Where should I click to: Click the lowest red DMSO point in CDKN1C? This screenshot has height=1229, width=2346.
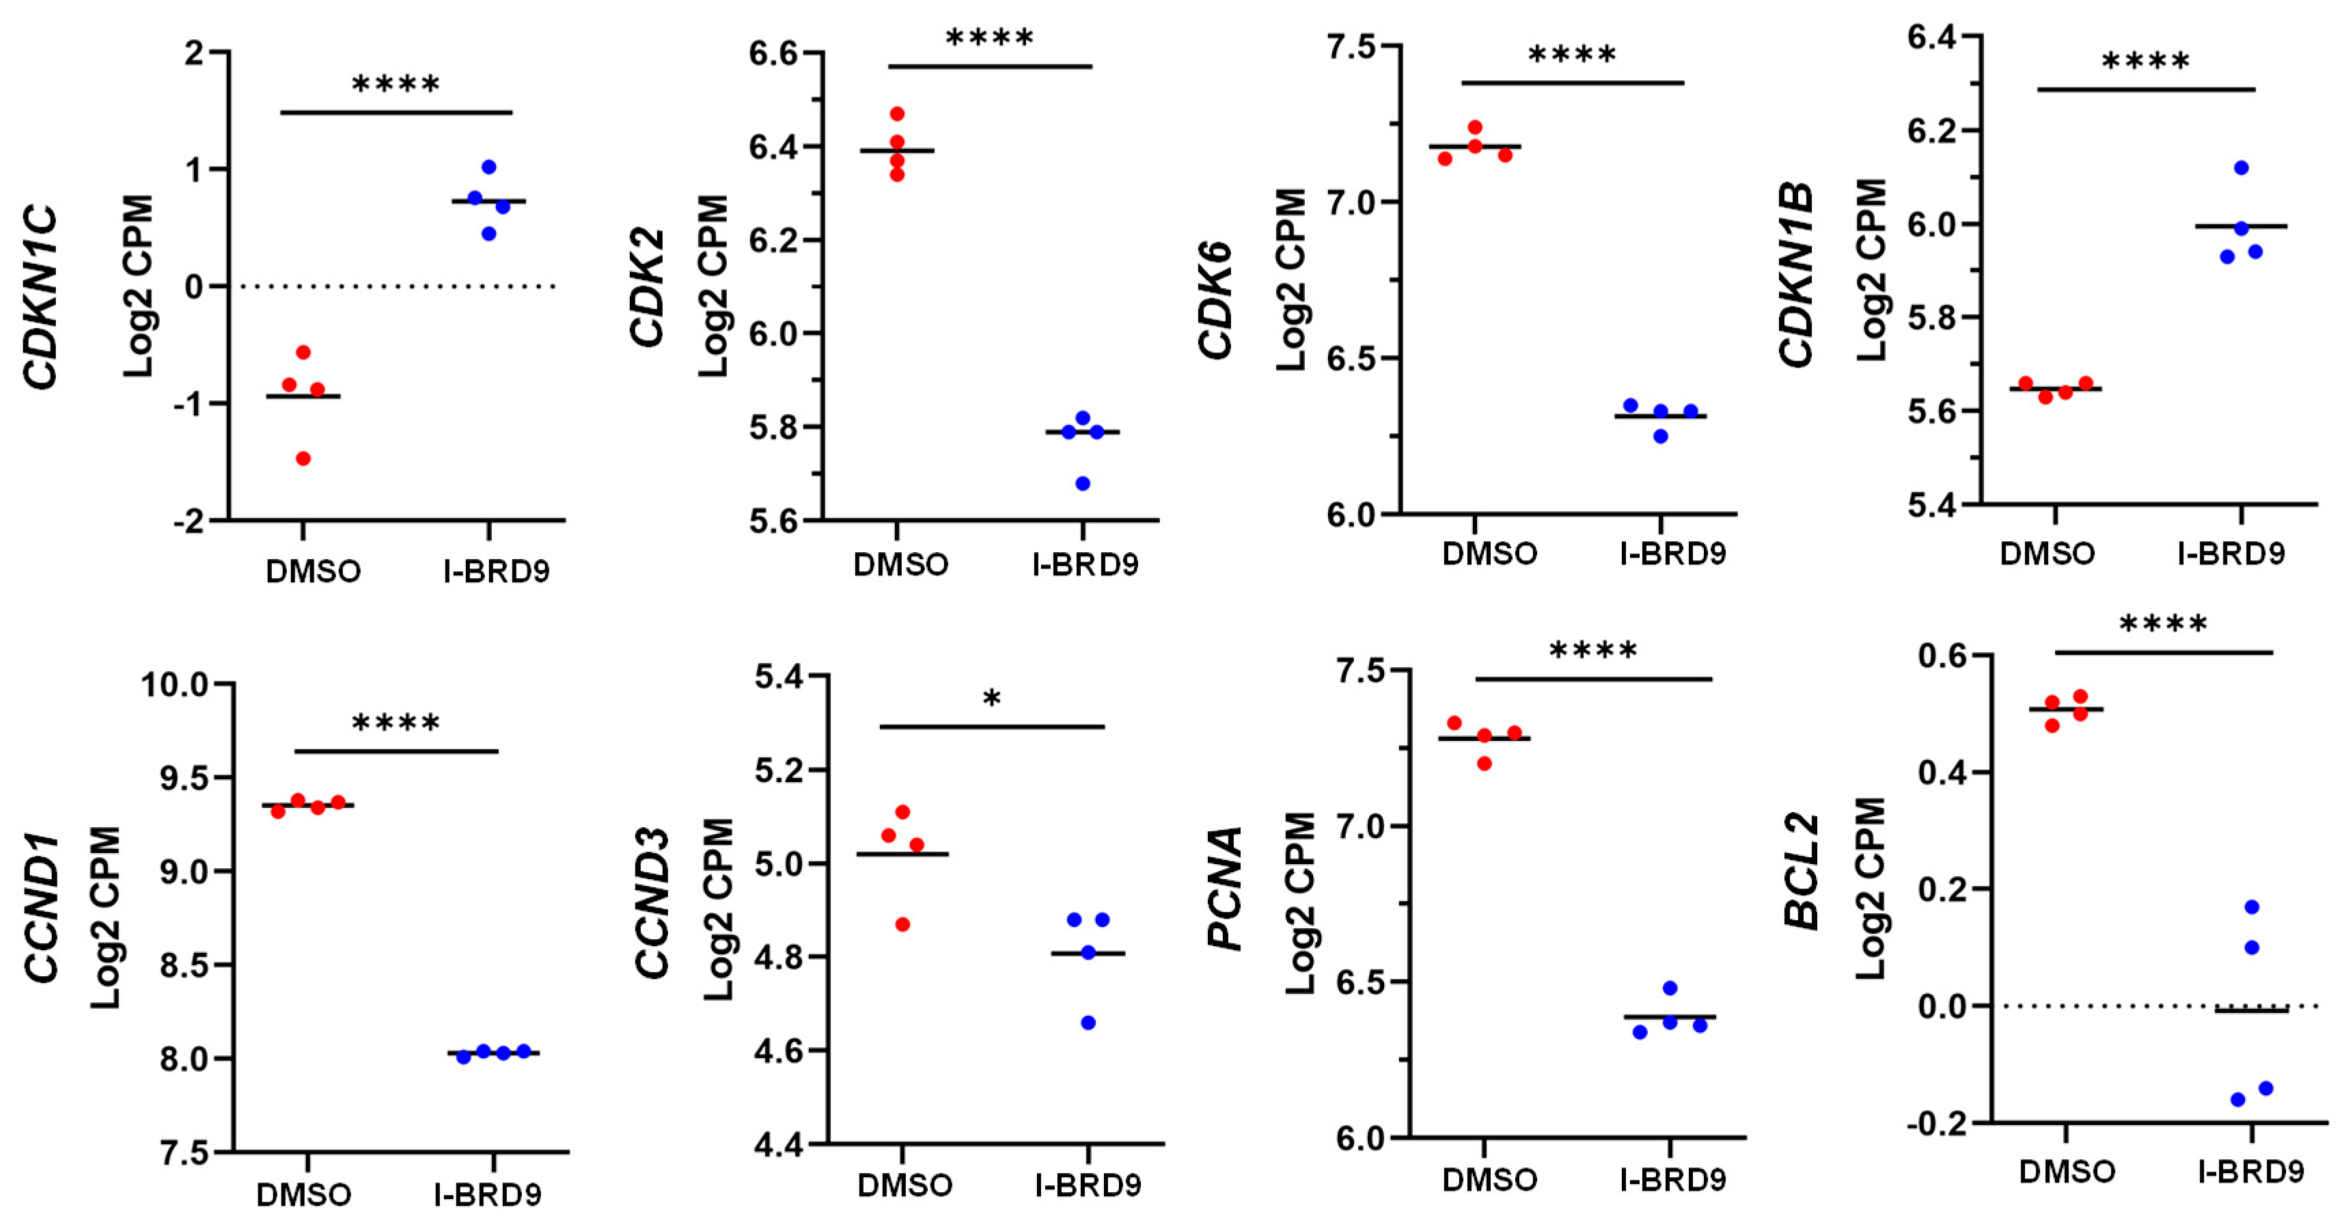[303, 458]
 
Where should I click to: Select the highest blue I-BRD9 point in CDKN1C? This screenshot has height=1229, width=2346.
[489, 167]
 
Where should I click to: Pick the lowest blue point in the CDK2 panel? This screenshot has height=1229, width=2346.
[1083, 484]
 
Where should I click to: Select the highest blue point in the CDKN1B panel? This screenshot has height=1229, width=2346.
[2241, 167]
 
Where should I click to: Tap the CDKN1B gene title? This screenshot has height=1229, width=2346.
[1797, 275]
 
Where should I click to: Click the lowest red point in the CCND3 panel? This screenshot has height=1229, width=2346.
[902, 925]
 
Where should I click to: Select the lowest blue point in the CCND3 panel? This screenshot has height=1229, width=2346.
[1088, 1023]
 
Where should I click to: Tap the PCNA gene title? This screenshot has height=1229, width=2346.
[1226, 889]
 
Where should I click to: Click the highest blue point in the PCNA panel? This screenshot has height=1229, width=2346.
[1670, 988]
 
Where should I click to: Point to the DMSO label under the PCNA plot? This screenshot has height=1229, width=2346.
[1489, 1180]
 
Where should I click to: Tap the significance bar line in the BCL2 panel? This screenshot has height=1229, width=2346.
[2164, 652]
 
